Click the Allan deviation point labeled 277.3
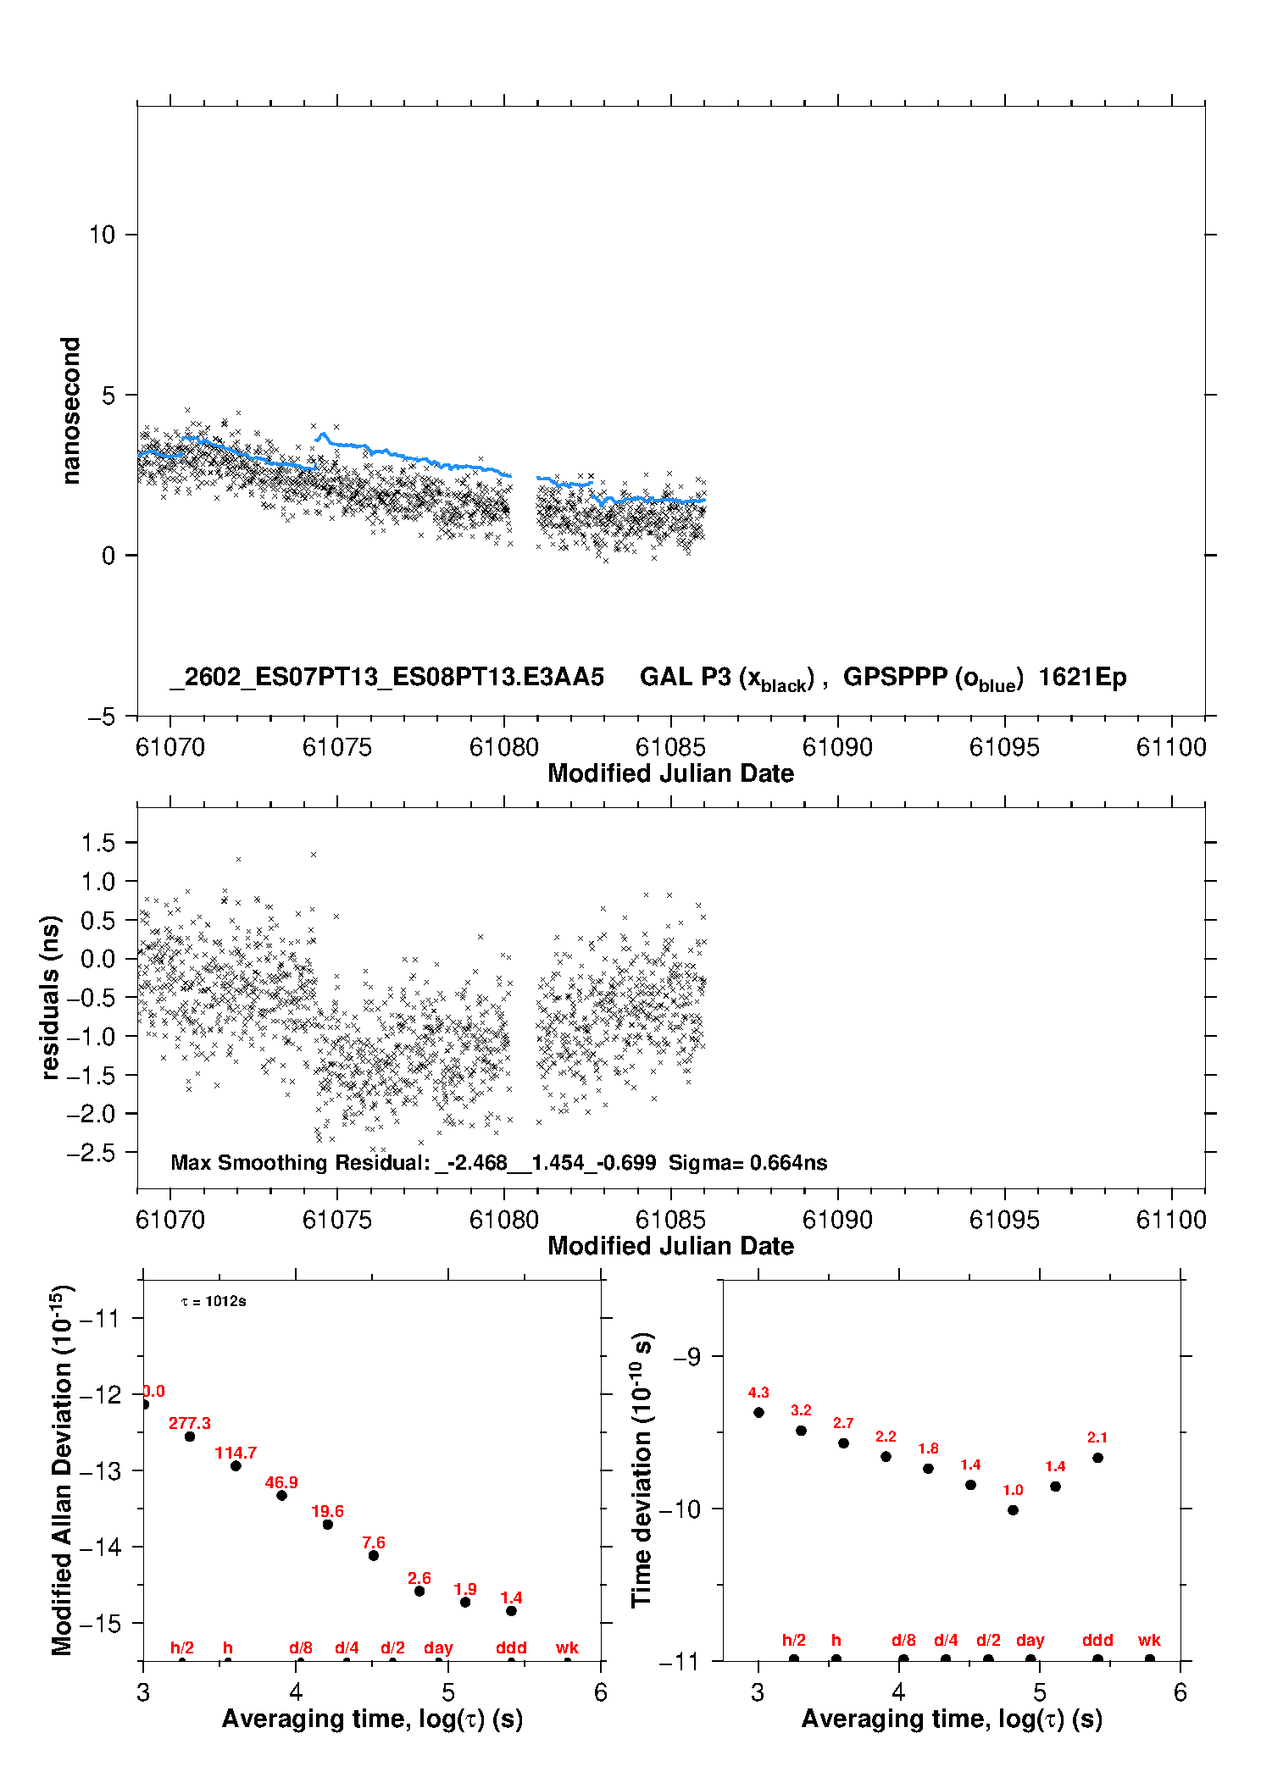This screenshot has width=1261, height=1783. (190, 1437)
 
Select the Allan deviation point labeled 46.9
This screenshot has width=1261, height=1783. (281, 1495)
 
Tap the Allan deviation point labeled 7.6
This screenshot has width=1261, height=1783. (373, 1555)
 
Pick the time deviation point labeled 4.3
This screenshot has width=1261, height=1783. (758, 1412)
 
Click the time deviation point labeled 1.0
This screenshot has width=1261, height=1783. (1013, 1509)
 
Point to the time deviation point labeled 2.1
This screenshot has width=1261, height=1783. (1097, 1458)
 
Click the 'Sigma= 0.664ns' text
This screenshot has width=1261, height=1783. (747, 1162)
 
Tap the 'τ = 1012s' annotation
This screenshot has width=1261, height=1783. (214, 1301)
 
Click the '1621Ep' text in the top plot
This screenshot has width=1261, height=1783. (1082, 678)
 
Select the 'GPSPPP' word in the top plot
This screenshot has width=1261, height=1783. (895, 678)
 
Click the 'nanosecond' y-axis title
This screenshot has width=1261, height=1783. (70, 410)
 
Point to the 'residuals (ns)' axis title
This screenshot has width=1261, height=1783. (50, 997)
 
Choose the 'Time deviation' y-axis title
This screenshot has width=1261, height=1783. (642, 1470)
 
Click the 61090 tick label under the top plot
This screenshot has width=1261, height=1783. (837, 747)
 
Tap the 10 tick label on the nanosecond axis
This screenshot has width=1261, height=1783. (102, 235)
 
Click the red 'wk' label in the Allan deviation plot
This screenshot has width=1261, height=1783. (567, 1647)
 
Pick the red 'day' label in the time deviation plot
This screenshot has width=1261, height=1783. (1030, 1641)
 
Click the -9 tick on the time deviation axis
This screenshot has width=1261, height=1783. (687, 1357)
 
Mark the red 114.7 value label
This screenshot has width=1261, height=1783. (236, 1453)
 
